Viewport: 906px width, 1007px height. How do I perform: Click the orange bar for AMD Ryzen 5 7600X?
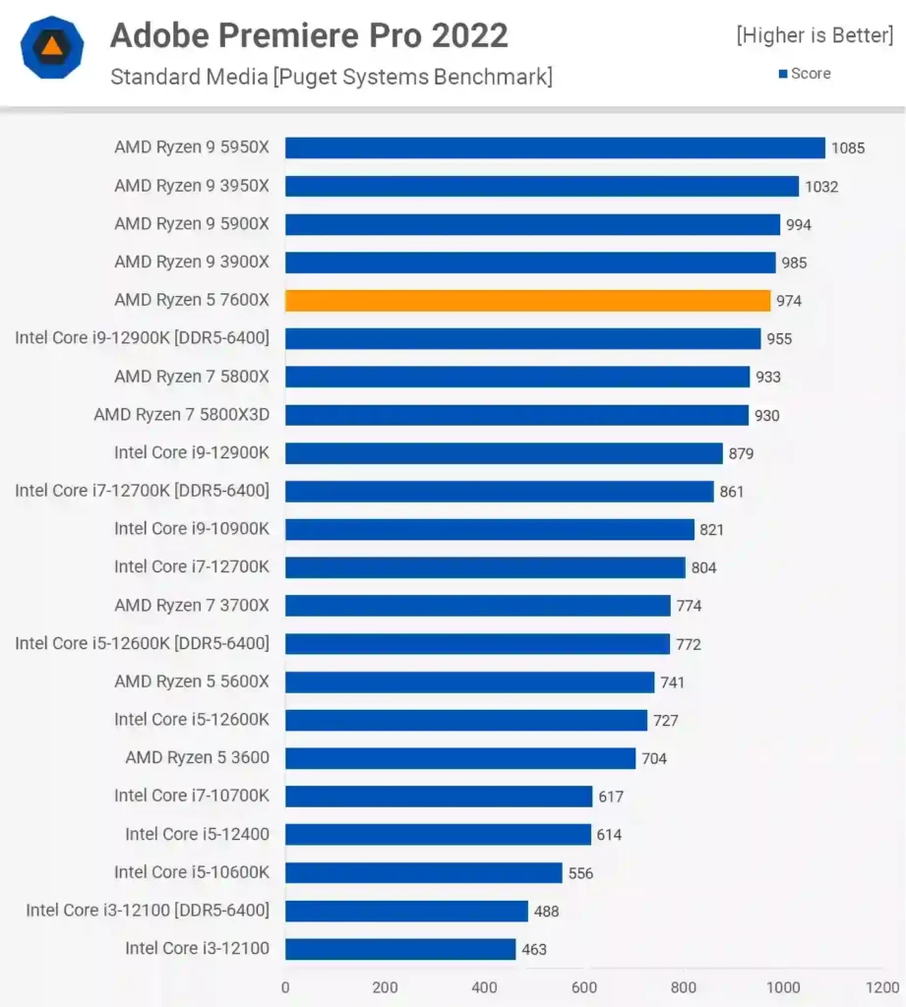[527, 300]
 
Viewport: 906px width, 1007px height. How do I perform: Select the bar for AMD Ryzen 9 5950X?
[555, 148]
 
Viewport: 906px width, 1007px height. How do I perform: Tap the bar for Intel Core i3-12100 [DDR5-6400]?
[406, 911]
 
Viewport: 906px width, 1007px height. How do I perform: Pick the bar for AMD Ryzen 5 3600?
[460, 758]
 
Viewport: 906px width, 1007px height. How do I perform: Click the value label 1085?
[847, 148]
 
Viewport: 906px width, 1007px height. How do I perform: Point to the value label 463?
[534, 950]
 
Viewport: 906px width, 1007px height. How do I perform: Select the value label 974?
[788, 301]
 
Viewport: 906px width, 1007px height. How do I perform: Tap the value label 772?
[688, 644]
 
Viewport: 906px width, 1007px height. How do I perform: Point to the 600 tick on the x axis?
[584, 987]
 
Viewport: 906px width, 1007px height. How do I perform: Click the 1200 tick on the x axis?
[882, 987]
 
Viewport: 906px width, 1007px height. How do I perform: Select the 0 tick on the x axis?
[285, 987]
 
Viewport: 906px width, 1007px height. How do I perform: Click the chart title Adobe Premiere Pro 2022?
[309, 35]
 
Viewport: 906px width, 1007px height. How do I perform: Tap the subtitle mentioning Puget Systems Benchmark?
[331, 76]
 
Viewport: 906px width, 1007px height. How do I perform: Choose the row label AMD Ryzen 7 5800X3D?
[181, 415]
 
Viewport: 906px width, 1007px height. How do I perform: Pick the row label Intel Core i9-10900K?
[191, 529]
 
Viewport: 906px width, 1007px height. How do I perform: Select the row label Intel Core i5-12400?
[197, 834]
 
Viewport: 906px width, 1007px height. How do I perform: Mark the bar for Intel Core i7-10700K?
[439, 797]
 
